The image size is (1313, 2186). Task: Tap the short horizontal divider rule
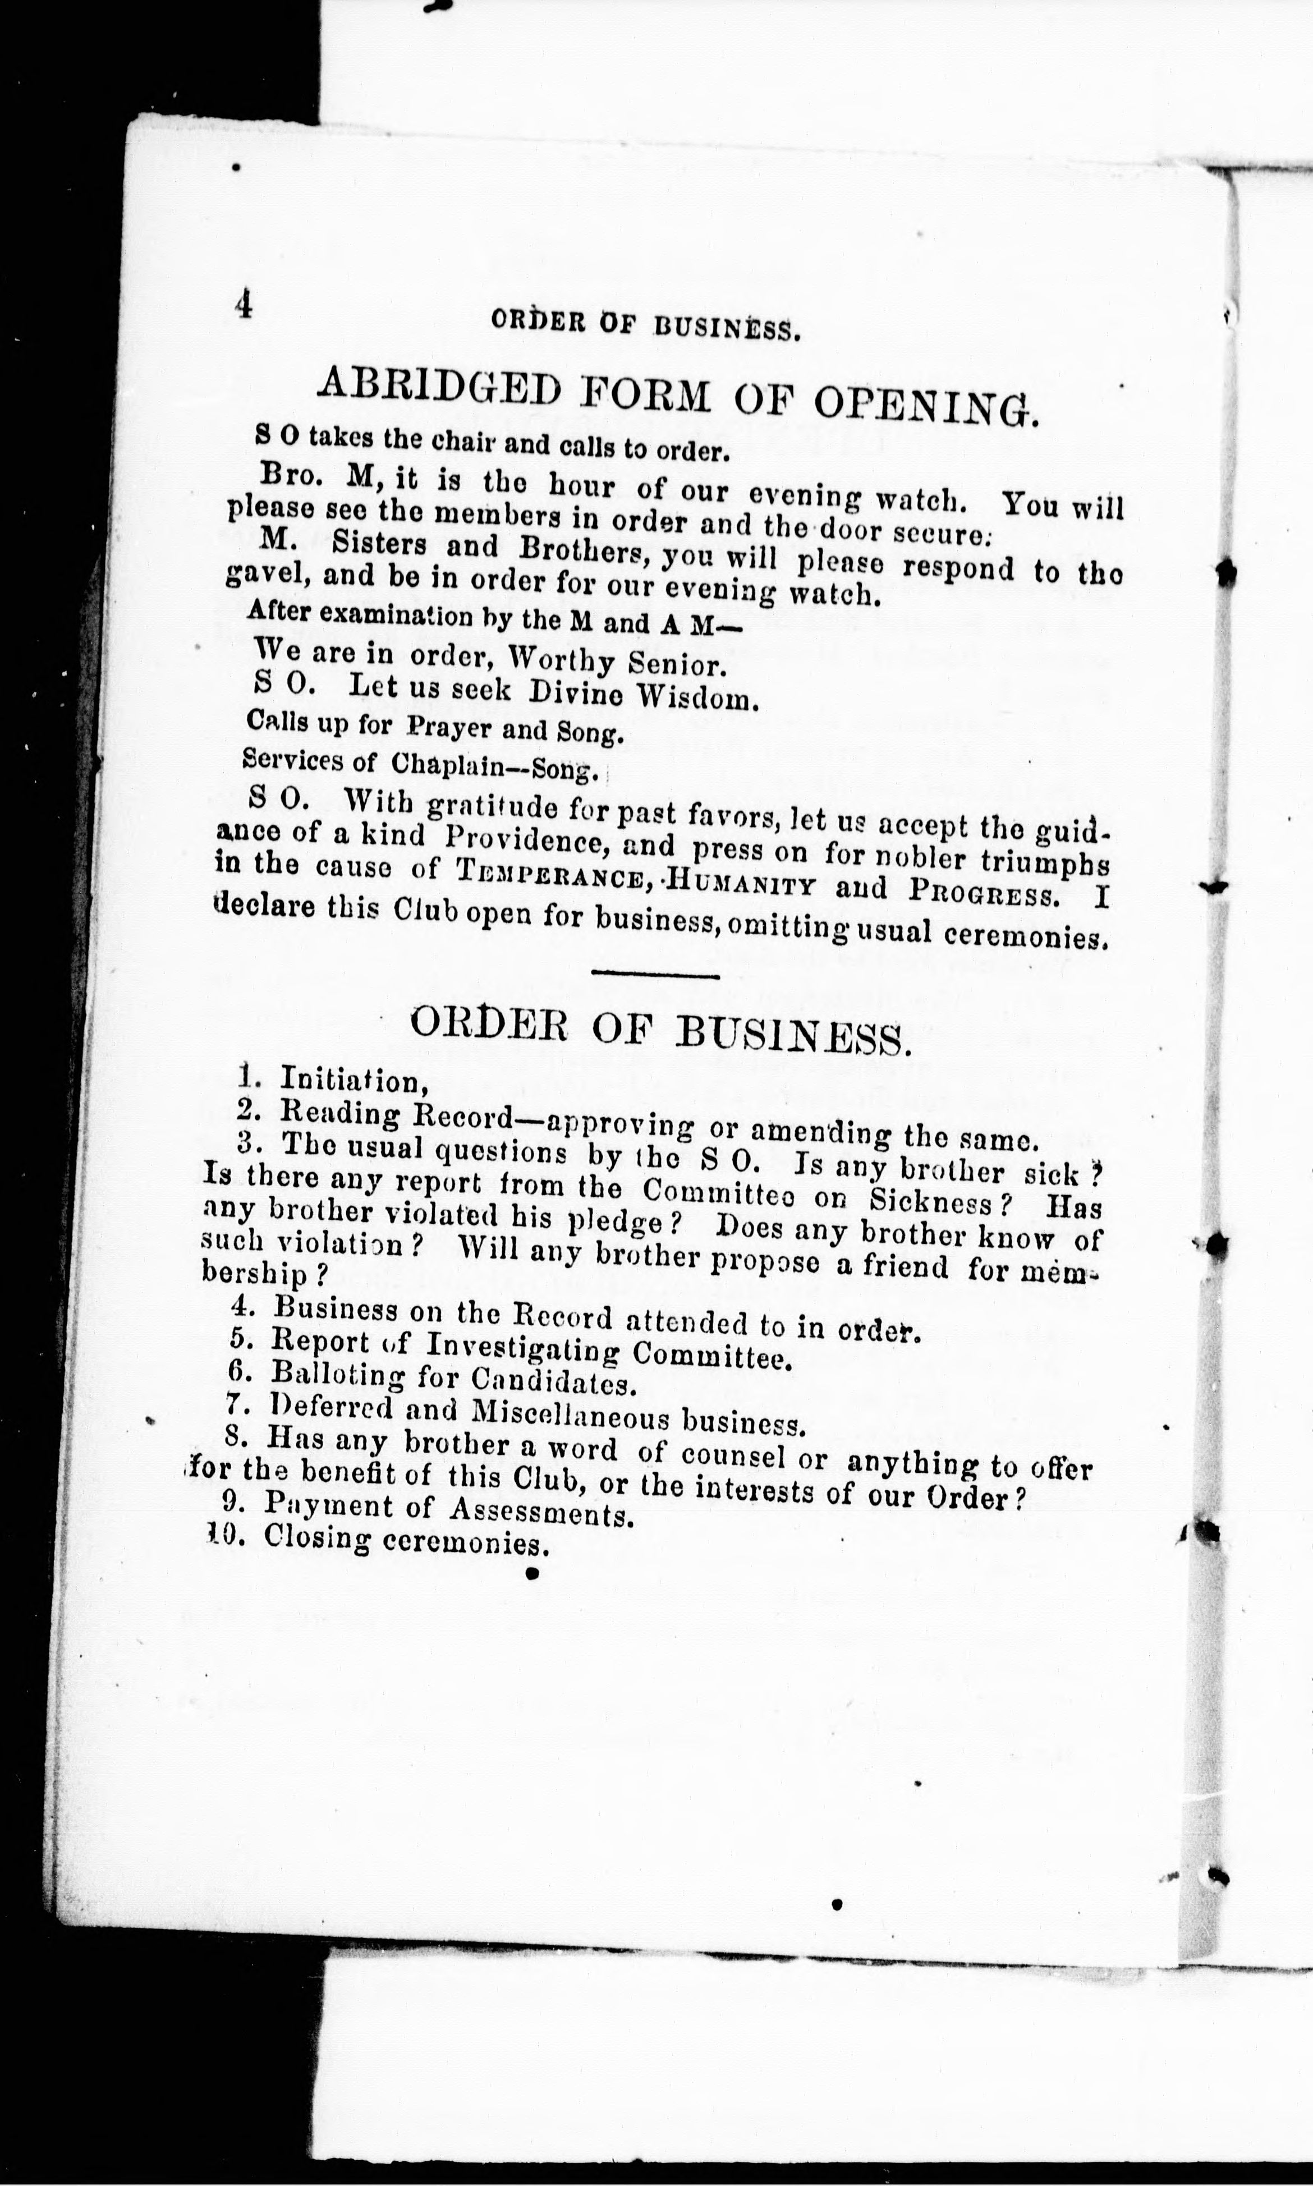point(655,976)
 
